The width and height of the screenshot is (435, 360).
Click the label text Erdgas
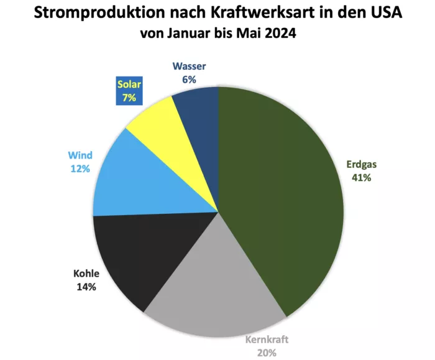(x=362, y=165)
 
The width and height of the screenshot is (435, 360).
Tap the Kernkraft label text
(x=267, y=339)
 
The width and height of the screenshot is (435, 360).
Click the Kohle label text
(x=86, y=274)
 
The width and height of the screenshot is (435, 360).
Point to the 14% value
(x=86, y=287)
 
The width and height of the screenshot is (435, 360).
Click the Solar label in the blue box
(x=129, y=85)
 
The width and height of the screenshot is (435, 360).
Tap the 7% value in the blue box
(x=129, y=97)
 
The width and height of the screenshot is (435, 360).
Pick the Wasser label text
(x=190, y=67)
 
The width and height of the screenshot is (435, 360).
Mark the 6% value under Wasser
(x=190, y=79)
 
